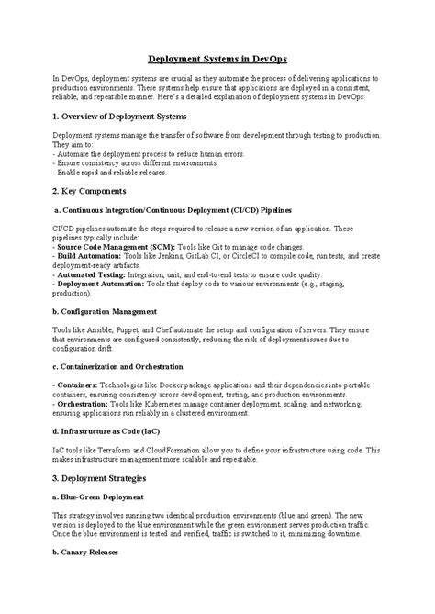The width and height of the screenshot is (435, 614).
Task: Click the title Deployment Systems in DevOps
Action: coord(217,57)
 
